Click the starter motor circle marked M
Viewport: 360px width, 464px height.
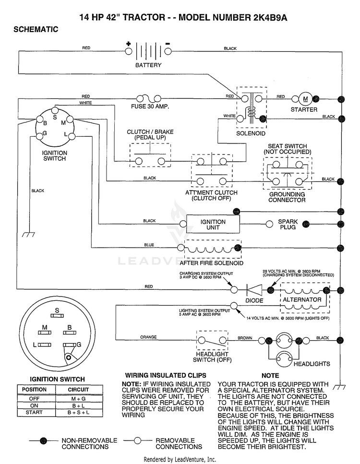305,99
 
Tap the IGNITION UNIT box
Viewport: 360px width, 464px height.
213,224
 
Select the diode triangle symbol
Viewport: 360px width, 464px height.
254,290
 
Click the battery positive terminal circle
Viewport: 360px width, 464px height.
129,51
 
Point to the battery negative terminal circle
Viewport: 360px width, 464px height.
168,51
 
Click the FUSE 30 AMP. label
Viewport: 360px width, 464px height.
150,106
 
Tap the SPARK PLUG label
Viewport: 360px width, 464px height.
288,224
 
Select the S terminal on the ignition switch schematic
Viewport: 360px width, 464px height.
55,111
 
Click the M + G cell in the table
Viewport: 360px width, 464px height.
78,399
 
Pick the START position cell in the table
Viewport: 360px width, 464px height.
34,412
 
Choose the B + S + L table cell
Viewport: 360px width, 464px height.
78,412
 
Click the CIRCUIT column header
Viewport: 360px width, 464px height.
78,390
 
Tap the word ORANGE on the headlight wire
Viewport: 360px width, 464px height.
148,337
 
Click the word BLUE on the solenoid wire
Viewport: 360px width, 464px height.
149,245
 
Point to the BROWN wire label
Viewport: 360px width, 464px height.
245,338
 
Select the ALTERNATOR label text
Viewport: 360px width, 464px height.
302,299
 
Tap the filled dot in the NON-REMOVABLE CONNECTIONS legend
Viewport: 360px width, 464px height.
44,440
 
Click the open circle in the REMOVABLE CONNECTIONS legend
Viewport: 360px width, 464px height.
137,440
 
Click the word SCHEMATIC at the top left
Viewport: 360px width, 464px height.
36,29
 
